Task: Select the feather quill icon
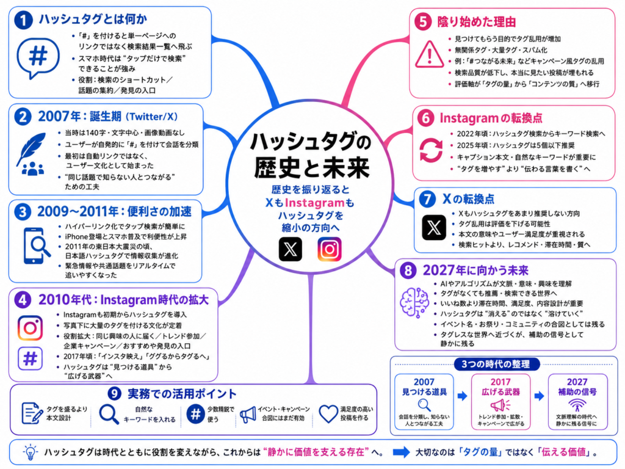31,148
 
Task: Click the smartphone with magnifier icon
37,245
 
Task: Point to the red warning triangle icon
429,54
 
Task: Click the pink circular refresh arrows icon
431,150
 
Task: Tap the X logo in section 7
434,227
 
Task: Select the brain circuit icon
414,302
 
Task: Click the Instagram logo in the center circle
329,249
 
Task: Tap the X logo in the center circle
290,249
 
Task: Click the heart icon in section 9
328,413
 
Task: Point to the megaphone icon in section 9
248,415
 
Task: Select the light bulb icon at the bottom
30,452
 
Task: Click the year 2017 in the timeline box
500,382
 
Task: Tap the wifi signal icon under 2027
577,405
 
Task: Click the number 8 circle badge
408,271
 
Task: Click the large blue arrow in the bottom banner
402,452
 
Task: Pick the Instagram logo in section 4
31,328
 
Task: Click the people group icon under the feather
33,169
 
